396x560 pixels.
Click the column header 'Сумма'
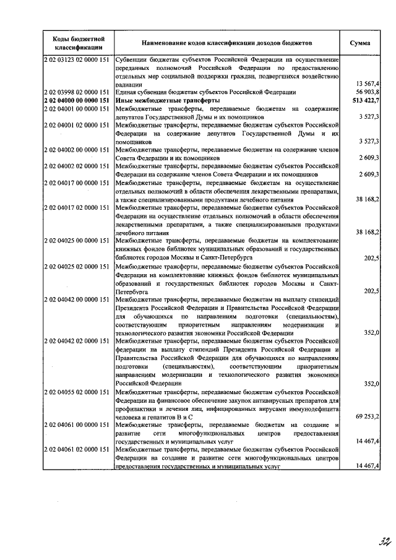tap(360, 43)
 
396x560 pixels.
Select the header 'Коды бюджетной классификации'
tap(77, 43)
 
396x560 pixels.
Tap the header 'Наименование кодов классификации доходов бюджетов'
tap(227, 43)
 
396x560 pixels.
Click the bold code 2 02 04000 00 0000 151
tap(77, 100)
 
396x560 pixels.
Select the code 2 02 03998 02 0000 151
tap(77, 92)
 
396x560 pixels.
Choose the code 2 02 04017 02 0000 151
tap(77, 209)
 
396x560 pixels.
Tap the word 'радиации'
tap(129, 84)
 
